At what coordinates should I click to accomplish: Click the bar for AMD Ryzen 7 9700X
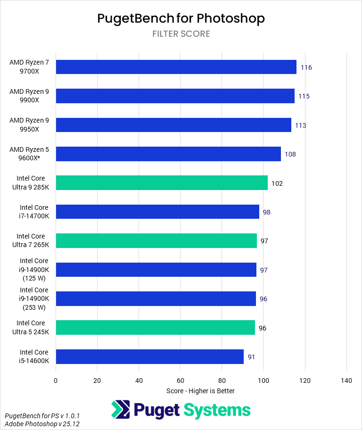tap(176, 67)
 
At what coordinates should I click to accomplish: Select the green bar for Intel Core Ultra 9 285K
tap(162, 183)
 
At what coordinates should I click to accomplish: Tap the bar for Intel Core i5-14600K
tap(149, 357)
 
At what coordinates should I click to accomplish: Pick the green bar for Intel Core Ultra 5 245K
tap(155, 328)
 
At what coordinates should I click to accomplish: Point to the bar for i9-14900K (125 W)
tap(156, 270)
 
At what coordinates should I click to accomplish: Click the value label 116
tap(306, 67)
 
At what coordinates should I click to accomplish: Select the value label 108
tap(290, 154)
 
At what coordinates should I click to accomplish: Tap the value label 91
tap(252, 357)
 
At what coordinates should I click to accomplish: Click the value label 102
tap(277, 183)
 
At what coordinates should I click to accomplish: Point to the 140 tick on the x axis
tap(346, 380)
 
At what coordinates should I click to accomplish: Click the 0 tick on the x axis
tap(56, 380)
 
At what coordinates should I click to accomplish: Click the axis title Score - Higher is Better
tap(200, 391)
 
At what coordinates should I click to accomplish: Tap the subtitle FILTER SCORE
tap(181, 34)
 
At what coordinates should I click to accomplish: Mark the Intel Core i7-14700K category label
tap(34, 212)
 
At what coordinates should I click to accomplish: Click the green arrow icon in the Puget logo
tap(121, 410)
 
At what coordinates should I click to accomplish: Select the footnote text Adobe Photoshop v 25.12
tap(42, 424)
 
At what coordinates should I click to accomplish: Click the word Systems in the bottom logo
tap(217, 410)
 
